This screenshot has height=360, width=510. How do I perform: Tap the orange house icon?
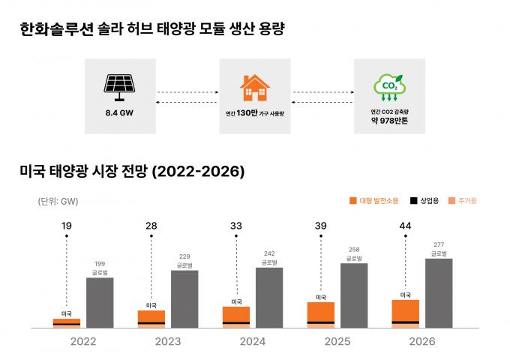254,88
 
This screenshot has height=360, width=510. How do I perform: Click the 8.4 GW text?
119,113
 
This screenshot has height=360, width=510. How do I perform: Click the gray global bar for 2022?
100,302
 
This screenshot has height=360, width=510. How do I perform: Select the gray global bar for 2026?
439,293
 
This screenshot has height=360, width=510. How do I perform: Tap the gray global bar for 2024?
269,298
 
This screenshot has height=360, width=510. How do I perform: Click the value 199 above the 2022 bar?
100,263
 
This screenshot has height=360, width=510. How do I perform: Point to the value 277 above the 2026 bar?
439,244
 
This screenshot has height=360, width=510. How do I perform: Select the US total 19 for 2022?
67,226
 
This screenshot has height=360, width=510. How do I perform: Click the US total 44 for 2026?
406,226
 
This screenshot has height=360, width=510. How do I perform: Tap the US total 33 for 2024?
236,226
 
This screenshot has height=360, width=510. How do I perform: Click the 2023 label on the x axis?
167,341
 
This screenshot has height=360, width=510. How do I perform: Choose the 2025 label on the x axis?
337,341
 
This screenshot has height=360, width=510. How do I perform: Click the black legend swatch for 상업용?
413,201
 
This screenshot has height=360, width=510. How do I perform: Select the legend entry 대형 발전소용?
375,201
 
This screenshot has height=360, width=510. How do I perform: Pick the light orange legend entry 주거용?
462,201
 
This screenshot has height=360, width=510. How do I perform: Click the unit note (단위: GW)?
58,201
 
